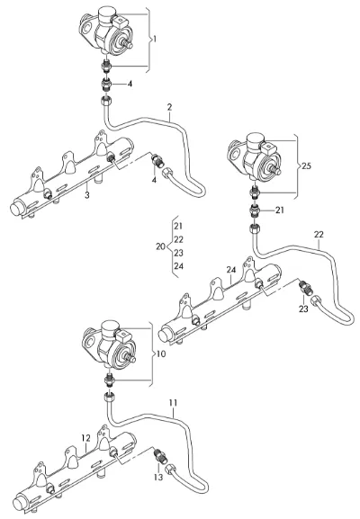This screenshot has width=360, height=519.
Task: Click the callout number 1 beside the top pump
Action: (154, 40)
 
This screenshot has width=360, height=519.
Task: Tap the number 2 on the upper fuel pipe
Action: (170, 107)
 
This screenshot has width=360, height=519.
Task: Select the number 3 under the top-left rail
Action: (86, 195)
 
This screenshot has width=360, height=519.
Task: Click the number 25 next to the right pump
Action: (307, 166)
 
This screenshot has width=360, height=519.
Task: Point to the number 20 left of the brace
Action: (160, 246)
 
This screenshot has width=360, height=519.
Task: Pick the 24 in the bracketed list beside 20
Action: (178, 265)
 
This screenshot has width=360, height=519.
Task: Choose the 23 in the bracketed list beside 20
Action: (178, 253)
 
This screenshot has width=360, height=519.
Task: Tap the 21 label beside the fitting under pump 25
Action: (280, 210)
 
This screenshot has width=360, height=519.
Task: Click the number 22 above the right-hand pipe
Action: (319, 235)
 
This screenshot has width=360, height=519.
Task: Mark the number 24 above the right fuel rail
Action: (231, 270)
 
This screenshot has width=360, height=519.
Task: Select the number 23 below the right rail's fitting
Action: (303, 309)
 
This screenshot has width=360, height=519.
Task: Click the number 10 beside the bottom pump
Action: (160, 353)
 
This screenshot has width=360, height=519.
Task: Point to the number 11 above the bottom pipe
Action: (173, 402)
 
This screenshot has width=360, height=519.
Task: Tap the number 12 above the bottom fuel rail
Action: (85, 438)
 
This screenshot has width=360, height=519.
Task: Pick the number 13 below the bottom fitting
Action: (158, 478)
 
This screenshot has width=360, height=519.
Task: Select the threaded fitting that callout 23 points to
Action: (306, 287)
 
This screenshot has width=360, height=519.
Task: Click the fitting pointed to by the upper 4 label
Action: (106, 85)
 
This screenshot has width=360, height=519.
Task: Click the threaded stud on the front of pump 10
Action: (130, 357)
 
